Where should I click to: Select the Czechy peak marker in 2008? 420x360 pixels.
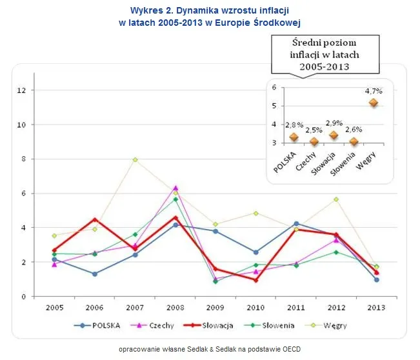click(x=175, y=188)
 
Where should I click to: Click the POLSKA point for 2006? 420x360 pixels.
click(x=94, y=274)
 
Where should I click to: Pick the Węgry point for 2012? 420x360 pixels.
click(x=335, y=199)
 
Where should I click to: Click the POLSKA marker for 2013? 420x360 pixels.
click(x=375, y=279)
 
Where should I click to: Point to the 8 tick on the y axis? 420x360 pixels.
click(x=23, y=159)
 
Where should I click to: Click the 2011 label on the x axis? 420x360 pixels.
click(x=295, y=308)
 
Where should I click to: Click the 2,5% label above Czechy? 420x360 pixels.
click(x=314, y=129)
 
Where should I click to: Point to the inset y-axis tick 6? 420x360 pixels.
click(x=274, y=88)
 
